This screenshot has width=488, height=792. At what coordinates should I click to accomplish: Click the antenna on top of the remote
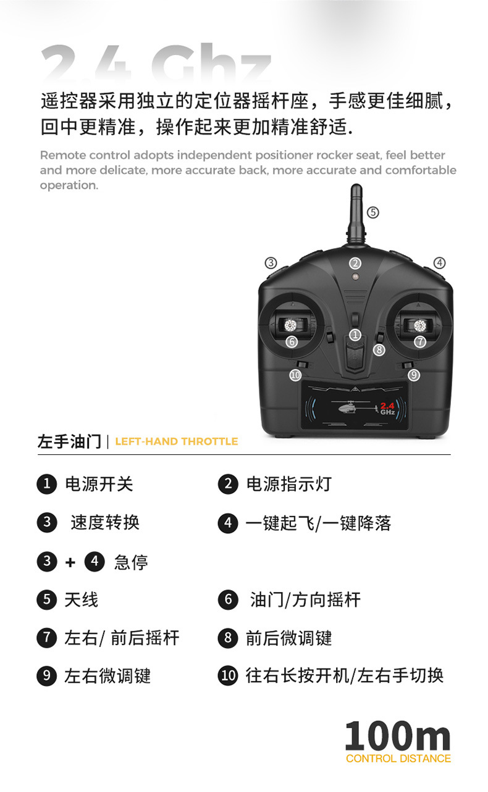[x=356, y=213]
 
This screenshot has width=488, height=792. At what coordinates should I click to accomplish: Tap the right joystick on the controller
[x=420, y=325]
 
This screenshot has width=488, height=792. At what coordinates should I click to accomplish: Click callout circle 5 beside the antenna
[x=372, y=212]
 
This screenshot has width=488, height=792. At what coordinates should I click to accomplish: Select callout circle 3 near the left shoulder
[x=271, y=262]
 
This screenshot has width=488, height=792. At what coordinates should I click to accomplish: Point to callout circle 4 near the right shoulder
[x=439, y=262]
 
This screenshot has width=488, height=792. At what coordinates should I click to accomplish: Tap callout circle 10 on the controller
[x=295, y=375]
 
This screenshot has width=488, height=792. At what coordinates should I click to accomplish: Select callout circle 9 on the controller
[x=414, y=375]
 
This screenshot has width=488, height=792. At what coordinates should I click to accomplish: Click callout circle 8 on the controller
[x=379, y=349]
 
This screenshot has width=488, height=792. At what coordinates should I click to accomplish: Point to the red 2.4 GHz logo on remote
[x=387, y=408]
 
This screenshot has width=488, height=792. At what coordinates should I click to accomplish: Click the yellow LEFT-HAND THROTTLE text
[x=176, y=441]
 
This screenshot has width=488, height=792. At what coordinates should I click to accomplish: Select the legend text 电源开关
[x=99, y=484]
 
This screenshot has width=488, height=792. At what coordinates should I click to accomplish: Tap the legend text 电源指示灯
[x=288, y=484]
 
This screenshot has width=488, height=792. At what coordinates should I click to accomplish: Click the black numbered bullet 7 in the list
[x=46, y=638]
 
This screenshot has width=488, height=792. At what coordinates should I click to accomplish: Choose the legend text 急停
[x=131, y=562]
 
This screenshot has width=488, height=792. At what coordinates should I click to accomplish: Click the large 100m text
[x=397, y=736]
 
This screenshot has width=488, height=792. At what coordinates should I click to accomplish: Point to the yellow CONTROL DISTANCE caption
[x=398, y=759]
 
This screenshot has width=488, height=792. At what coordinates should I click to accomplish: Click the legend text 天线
[x=81, y=599]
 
